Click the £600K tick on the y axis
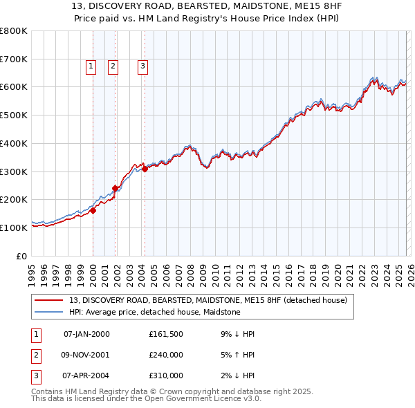tap(14, 87)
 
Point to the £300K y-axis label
tap(14, 171)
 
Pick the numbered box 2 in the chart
tap(113, 66)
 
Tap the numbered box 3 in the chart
tap(142, 66)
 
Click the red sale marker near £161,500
tap(93, 211)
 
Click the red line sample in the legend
tap(50, 300)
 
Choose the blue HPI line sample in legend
tap(50, 312)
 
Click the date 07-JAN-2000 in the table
tap(86, 334)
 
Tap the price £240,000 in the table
tap(165, 355)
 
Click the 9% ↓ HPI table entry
tap(237, 334)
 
